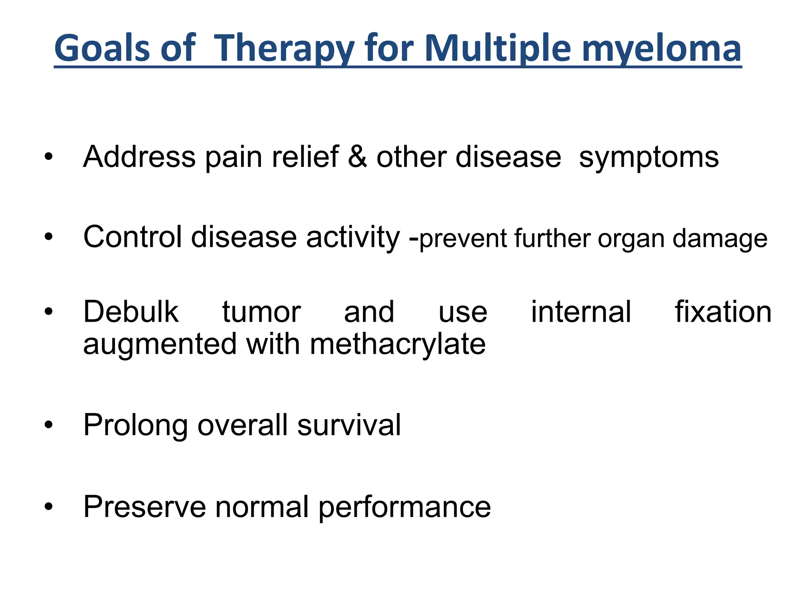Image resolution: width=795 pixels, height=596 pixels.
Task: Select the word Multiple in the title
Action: click(498, 49)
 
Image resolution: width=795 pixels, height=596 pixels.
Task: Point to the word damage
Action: click(720, 239)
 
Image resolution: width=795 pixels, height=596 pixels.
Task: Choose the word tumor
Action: click(261, 312)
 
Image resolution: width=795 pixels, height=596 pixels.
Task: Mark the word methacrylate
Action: click(397, 344)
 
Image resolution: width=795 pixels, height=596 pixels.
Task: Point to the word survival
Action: click(349, 425)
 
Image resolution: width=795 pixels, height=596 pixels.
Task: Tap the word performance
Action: click(404, 508)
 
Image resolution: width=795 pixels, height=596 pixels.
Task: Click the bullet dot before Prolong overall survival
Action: click(48, 425)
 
